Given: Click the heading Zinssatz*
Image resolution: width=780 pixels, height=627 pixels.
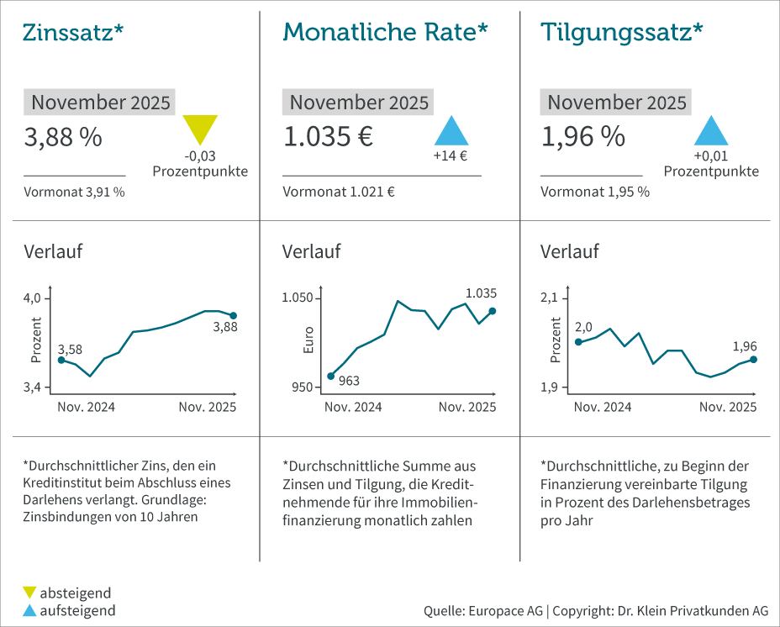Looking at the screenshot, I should click(74, 32).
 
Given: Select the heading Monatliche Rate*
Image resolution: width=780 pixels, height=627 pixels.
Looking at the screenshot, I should click(385, 32).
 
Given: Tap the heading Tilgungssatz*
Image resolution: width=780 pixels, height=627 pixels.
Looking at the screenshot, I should click(622, 32).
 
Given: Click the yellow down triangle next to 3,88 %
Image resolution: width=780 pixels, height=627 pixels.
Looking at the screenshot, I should click(200, 128).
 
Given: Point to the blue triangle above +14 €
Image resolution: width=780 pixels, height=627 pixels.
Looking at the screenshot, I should click(451, 131).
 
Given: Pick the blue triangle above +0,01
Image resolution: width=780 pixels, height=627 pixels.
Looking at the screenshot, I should click(710, 131).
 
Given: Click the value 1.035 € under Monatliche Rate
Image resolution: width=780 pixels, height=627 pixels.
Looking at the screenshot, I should click(328, 136).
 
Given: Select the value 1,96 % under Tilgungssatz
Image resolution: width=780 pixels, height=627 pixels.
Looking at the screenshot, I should click(582, 136).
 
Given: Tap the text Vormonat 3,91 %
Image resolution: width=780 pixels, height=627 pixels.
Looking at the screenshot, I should click(74, 192).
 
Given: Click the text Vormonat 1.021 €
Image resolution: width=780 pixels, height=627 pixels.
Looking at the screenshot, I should click(339, 192).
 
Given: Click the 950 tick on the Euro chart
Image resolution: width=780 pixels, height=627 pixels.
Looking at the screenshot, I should click(302, 387).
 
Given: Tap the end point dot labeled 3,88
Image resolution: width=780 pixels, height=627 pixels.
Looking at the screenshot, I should click(234, 316).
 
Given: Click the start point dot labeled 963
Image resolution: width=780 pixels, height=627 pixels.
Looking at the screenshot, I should click(330, 376).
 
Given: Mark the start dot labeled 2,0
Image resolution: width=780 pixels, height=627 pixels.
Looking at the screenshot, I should click(578, 342).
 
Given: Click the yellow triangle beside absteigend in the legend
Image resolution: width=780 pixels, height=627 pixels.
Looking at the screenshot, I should click(30, 593).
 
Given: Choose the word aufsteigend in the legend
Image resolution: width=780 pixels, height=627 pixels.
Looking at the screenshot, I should click(77, 610).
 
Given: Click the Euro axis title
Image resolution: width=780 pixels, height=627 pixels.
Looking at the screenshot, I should click(308, 339).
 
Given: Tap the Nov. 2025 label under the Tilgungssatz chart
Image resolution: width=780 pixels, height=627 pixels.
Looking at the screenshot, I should click(728, 407).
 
